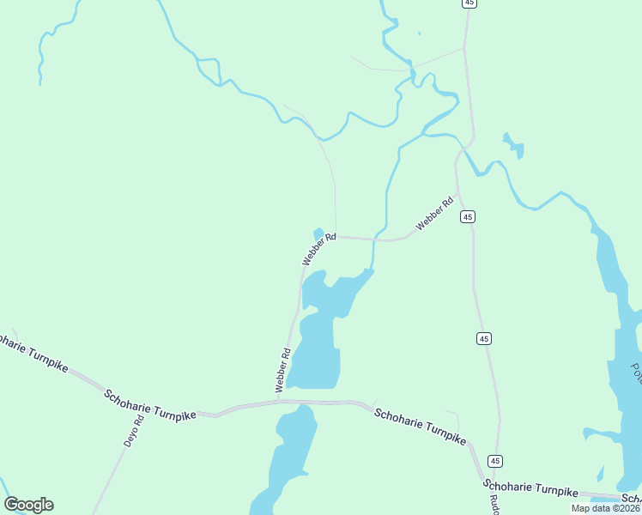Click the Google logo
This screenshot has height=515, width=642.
[x=29, y=505]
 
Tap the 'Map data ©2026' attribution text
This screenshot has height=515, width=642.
[x=605, y=508]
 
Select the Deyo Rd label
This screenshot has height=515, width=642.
[x=130, y=432]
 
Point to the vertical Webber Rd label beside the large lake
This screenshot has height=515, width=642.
[x=283, y=371]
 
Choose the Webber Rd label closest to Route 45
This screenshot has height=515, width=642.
[x=434, y=215]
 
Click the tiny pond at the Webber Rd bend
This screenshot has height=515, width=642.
[x=319, y=233]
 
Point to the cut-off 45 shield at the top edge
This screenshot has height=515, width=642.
[x=468, y=3]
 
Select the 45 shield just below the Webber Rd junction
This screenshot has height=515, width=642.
[x=468, y=217]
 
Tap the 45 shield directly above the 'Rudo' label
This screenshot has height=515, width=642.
[x=495, y=461]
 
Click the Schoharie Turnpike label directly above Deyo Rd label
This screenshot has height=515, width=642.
[x=149, y=404]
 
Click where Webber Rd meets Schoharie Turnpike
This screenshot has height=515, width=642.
[x=279, y=401]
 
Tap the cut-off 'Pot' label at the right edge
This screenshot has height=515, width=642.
[x=636, y=373]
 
